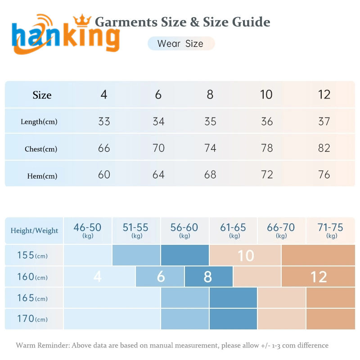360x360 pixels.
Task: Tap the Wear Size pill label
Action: (180, 44)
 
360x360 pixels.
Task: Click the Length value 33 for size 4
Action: (104, 121)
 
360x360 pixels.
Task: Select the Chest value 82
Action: (324, 148)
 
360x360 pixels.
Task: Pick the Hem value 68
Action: (210, 175)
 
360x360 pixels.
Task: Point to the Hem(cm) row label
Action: (42, 176)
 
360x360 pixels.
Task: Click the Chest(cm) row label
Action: (41, 149)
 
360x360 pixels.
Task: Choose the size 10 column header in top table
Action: (266, 94)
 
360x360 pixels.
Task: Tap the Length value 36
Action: (267, 121)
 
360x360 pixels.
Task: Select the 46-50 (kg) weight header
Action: (87, 230)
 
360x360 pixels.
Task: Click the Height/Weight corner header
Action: (34, 230)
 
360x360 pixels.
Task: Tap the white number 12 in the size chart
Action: (319, 277)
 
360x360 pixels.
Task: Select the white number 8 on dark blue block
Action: (207, 277)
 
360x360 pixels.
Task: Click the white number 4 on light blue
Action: (97, 277)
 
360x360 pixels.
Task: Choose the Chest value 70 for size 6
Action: (158, 148)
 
